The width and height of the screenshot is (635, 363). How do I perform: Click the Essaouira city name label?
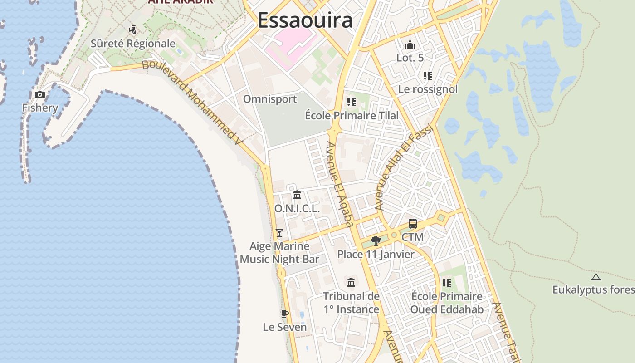point(305,20)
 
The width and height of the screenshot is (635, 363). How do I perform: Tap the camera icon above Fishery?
point(40,94)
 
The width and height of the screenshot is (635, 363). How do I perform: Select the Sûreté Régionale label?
point(133,44)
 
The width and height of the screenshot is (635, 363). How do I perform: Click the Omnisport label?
point(270,99)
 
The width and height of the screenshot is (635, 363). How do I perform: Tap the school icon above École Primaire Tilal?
point(351,102)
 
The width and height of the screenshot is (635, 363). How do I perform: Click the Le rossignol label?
point(428,89)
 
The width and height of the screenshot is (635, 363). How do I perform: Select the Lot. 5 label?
point(410,58)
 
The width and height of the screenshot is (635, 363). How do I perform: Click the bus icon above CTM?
point(413,224)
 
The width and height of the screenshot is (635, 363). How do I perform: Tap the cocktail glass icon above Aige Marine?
point(279,233)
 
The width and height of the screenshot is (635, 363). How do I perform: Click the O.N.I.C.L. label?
point(297,209)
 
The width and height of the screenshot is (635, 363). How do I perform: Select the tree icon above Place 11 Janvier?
point(376,241)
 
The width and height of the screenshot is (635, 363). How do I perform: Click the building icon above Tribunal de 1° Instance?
point(351,283)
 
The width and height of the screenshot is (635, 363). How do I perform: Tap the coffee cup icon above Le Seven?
point(285,314)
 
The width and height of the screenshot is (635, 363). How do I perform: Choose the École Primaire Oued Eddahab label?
point(447,303)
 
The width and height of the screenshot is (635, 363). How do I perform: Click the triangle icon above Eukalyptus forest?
point(596,277)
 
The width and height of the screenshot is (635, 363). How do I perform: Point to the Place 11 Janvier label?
point(376,254)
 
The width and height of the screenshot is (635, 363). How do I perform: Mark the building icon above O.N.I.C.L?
point(297,195)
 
